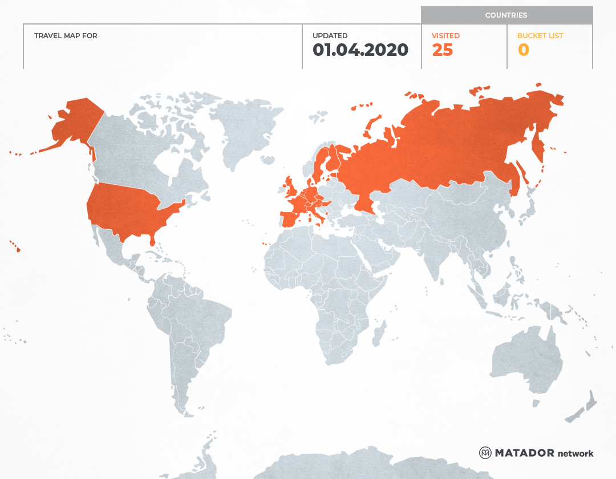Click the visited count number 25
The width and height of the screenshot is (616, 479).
(442, 50)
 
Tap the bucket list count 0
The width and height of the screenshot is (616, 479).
(523, 50)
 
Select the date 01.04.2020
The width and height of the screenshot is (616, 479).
(360, 50)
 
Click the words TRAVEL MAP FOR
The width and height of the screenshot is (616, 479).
(66, 36)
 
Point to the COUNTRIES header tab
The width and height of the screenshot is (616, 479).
(506, 15)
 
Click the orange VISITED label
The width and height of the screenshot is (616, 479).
(445, 36)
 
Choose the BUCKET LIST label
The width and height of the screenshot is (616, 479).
(540, 36)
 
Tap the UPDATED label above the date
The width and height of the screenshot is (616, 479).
(330, 36)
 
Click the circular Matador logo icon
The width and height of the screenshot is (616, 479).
(485, 453)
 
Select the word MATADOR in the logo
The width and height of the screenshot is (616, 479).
(524, 453)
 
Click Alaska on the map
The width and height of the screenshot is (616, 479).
(74, 123)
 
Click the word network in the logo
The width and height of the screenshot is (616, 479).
(576, 453)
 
